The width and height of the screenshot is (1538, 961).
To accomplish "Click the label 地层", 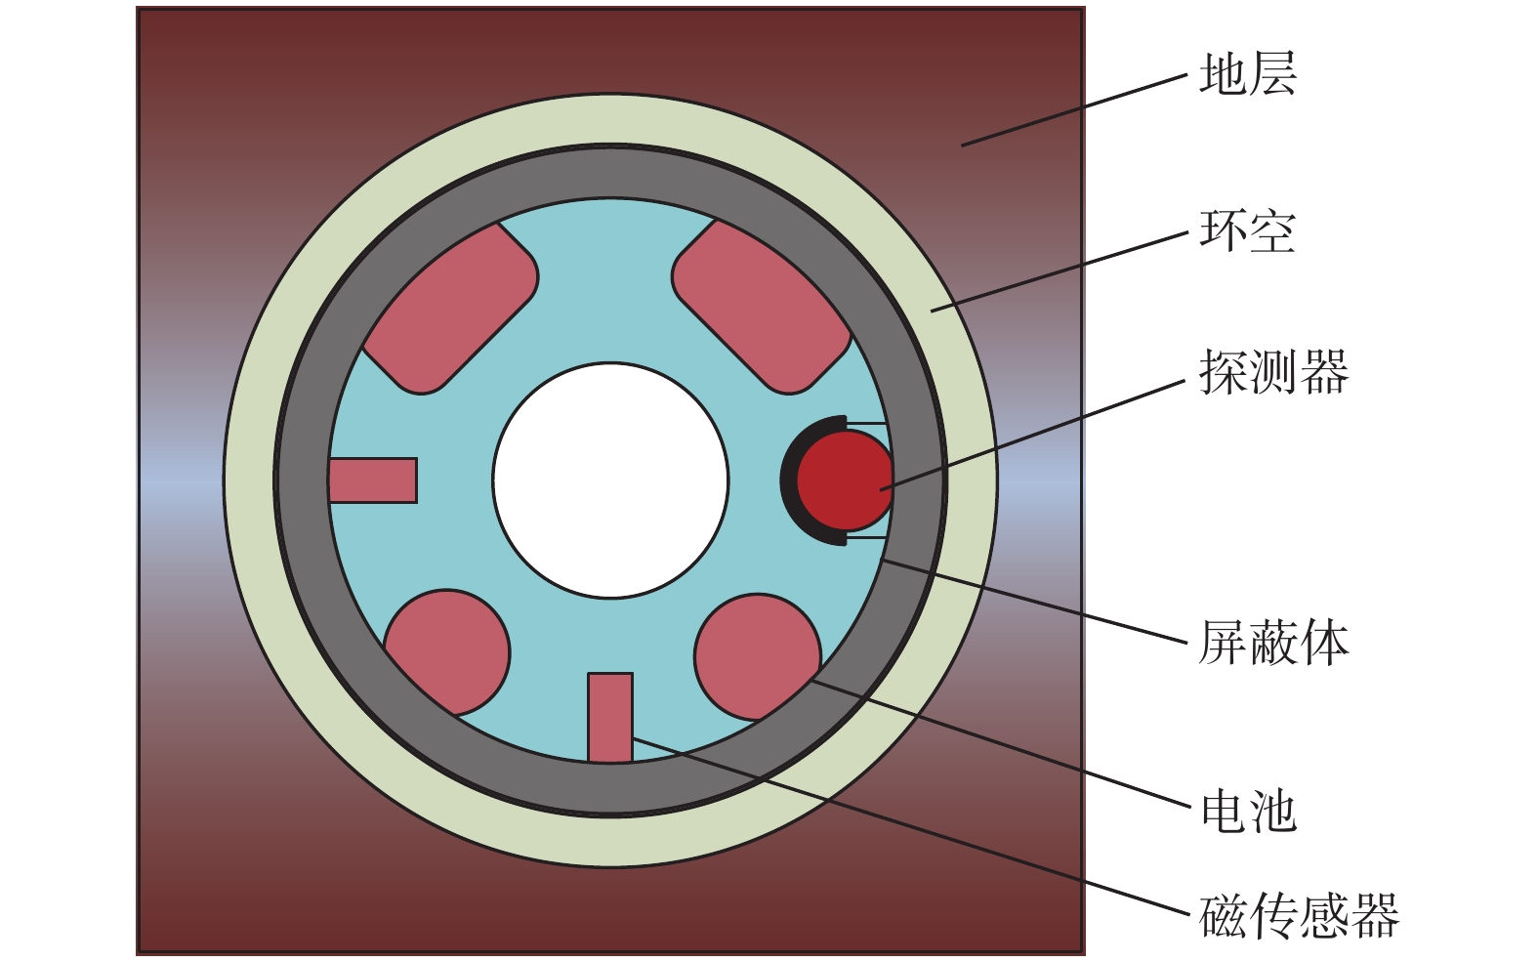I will (1247, 75).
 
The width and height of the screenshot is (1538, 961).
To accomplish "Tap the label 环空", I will (1247, 231).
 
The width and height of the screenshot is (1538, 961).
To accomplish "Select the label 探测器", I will (1272, 372).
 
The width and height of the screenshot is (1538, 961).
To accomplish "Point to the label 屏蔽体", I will (1272, 644).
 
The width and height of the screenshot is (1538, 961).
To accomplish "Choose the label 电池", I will (1247, 812).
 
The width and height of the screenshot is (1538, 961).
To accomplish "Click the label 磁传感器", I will (1299, 916).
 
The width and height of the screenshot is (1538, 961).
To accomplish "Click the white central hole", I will (610, 480).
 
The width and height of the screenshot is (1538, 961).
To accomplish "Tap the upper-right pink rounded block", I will (762, 306).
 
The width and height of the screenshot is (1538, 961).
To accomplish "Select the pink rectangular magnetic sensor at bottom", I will (610, 718).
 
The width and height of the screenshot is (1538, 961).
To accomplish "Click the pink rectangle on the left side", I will (373, 480).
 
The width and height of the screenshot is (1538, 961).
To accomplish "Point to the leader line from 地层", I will (1074, 110).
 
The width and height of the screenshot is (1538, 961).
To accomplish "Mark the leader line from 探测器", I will (1035, 434).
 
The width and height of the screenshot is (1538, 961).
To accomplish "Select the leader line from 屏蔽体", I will (1035, 602).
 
